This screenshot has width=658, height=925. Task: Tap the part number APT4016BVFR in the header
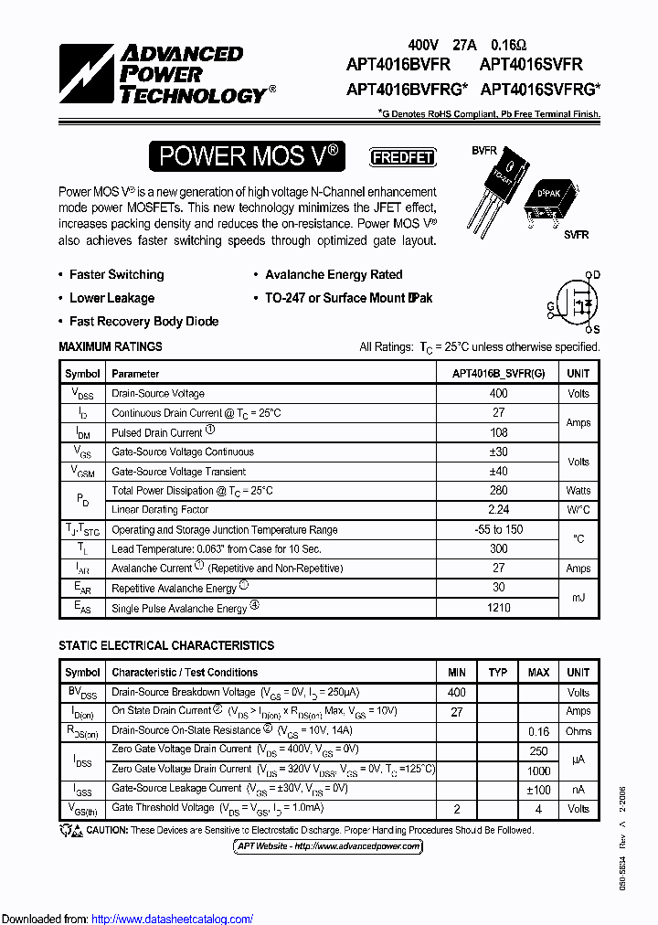click(x=398, y=65)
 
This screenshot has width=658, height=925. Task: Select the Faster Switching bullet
click(x=116, y=274)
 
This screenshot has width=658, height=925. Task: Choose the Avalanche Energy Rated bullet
click(x=333, y=274)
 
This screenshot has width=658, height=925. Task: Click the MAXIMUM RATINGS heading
click(x=111, y=347)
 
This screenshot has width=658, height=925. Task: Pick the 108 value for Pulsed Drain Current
click(x=498, y=432)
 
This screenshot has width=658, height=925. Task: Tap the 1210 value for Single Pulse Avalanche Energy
click(x=498, y=608)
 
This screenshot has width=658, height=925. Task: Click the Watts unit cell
click(x=578, y=491)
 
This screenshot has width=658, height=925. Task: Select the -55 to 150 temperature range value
click(x=498, y=530)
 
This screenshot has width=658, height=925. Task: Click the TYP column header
click(x=498, y=673)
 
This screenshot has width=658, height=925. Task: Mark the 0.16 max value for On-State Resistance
click(x=538, y=731)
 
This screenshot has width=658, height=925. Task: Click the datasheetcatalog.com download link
click(x=173, y=919)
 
